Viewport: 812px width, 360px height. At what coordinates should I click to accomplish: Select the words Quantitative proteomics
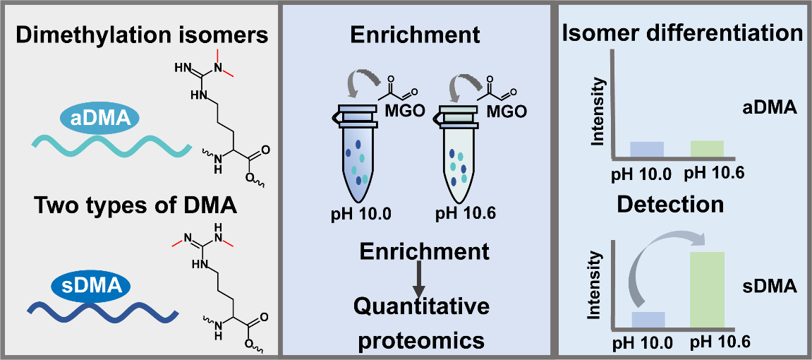coord(421,324)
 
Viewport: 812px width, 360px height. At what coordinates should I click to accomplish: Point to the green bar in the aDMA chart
coord(707,148)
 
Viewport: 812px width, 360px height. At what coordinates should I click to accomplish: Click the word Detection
coord(670,205)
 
